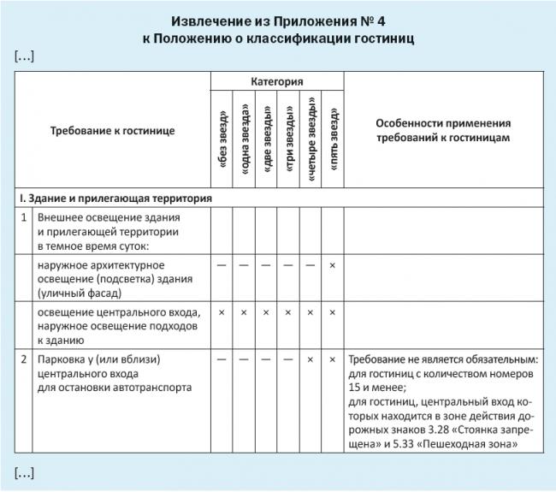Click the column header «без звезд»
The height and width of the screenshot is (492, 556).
pyautogui.click(x=222, y=138)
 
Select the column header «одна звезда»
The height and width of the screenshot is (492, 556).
pyautogui.click(x=245, y=138)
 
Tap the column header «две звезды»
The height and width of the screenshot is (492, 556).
pyautogui.click(x=267, y=138)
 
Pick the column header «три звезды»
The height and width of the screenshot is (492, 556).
pyautogui.click(x=289, y=138)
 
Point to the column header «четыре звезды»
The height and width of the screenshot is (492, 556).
pyautogui.click(x=311, y=138)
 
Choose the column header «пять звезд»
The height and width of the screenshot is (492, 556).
pyautogui.click(x=333, y=138)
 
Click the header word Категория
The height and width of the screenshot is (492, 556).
pyautogui.click(x=277, y=81)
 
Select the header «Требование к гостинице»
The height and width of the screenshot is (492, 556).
pyautogui.click(x=112, y=130)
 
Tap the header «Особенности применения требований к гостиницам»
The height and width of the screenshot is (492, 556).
pyautogui.click(x=443, y=130)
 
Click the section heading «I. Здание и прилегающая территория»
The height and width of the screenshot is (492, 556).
pyautogui.click(x=115, y=198)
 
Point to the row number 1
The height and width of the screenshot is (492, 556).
pyautogui.click(x=25, y=217)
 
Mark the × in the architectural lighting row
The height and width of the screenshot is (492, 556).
pyautogui.click(x=333, y=265)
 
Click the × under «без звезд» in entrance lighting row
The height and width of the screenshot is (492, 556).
pyautogui.click(x=222, y=312)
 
